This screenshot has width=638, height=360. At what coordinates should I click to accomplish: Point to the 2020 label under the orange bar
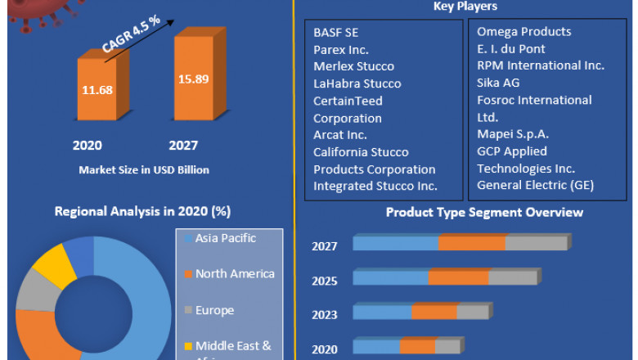87,146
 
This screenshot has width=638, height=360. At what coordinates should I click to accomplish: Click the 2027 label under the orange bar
183,146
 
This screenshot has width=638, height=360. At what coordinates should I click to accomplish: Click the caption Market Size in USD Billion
144,170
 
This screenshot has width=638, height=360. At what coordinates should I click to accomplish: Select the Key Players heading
466,7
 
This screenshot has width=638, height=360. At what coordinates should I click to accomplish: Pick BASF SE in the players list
336,32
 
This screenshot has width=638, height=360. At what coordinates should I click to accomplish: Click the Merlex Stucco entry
353,66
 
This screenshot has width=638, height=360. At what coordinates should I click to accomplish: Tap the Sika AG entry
498,83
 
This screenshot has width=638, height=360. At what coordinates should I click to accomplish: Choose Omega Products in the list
524,32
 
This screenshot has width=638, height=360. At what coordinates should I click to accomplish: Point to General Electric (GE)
535,186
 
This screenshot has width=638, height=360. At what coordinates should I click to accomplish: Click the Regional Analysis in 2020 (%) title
142,211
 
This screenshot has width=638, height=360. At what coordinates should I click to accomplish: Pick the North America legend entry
230,274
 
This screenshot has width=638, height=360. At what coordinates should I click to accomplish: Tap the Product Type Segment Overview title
484,213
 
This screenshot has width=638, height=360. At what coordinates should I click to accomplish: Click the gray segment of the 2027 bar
536,243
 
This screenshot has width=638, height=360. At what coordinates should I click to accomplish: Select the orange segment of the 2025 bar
458,277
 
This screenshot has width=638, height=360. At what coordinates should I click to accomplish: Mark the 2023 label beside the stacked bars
324,315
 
